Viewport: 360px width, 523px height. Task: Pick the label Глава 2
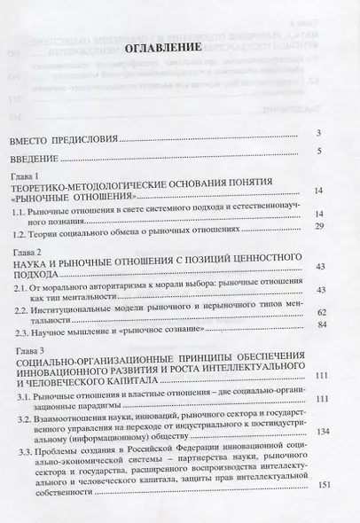pos(27,254)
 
